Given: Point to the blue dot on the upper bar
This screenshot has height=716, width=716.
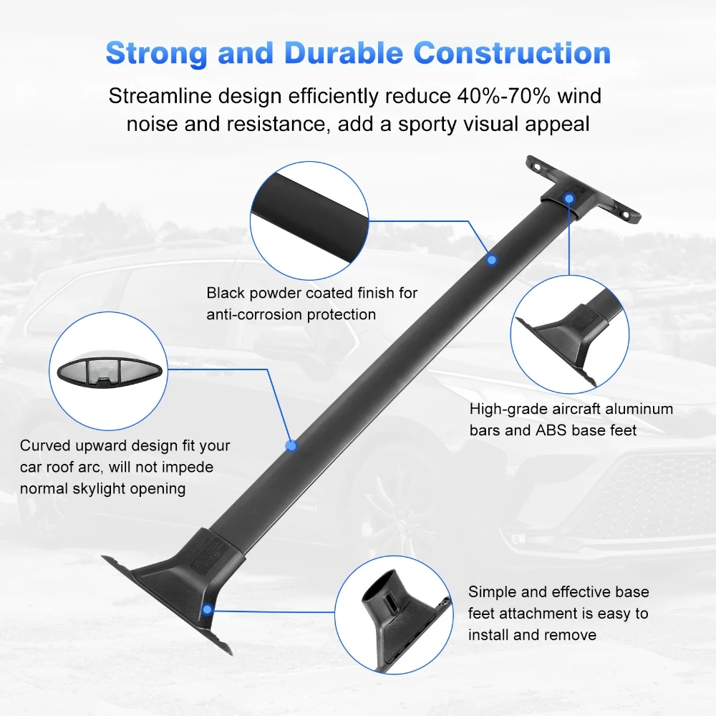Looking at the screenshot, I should pyautogui.click(x=491, y=258).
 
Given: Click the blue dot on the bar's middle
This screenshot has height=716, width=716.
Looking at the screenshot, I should pyautogui.click(x=291, y=445).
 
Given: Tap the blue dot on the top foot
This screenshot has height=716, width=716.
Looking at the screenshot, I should pyautogui.click(x=569, y=198).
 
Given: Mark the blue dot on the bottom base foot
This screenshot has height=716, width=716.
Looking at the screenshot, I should pyautogui.click(x=207, y=610).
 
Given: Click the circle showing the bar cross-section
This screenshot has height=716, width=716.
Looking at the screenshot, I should pyautogui.click(x=107, y=372).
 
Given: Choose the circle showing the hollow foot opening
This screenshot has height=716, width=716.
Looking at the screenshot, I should pyautogui.click(x=393, y=613).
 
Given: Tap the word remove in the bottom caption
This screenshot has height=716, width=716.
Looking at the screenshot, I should pyautogui.click(x=569, y=634).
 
